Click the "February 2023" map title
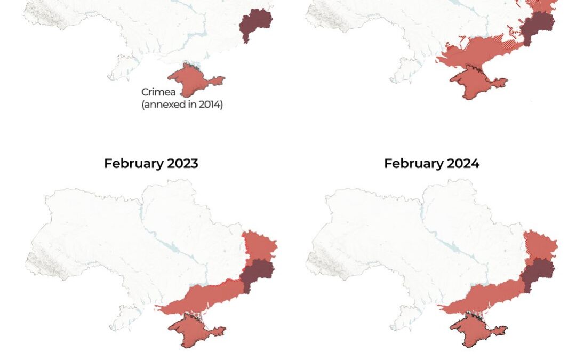coord(151,163)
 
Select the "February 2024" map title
coord(431,163)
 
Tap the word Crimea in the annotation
coord(158,92)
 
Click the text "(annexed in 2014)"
coord(182,105)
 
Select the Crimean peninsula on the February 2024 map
coord(473,331)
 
